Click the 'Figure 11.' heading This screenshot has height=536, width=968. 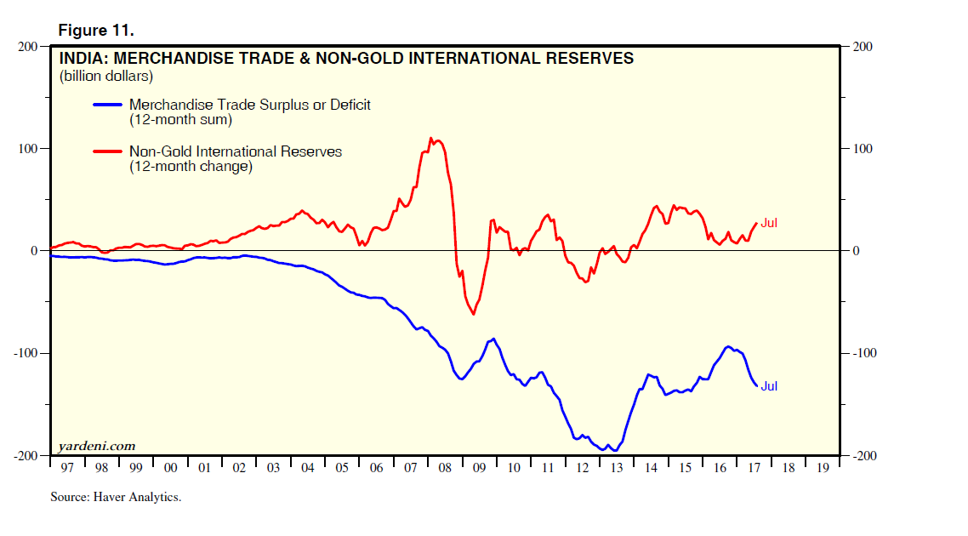tap(96, 31)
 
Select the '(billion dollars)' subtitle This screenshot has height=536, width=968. tap(105, 77)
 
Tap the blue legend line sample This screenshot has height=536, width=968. tap(106, 105)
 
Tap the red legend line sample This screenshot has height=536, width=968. tap(106, 151)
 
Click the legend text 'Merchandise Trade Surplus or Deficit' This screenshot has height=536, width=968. tap(249, 105)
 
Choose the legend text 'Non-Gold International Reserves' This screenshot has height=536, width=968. tap(235, 151)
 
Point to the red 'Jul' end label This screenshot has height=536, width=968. tap(769, 223)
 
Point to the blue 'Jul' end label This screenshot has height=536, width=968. tap(769, 385)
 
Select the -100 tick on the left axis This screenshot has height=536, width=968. tap(26, 353)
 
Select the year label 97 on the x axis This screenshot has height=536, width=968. tap(67, 468)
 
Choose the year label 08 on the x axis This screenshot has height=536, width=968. tap(445, 468)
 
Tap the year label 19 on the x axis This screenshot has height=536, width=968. tap(823, 468)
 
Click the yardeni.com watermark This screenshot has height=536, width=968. tap(97, 446)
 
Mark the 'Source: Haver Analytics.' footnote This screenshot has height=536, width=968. tap(116, 497)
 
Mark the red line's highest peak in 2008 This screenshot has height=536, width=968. tap(430, 138)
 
